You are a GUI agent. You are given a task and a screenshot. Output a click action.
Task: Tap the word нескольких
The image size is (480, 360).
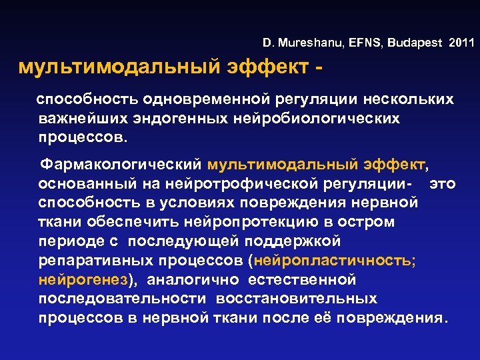point(411,99)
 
